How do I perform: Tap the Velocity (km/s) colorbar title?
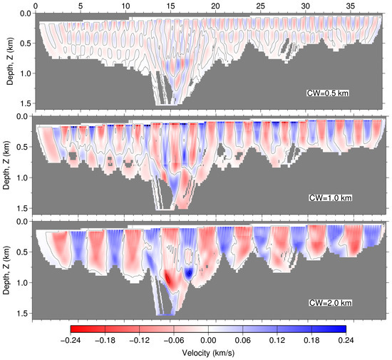click(x=208, y=353)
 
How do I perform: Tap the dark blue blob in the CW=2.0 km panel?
click(x=189, y=272)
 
